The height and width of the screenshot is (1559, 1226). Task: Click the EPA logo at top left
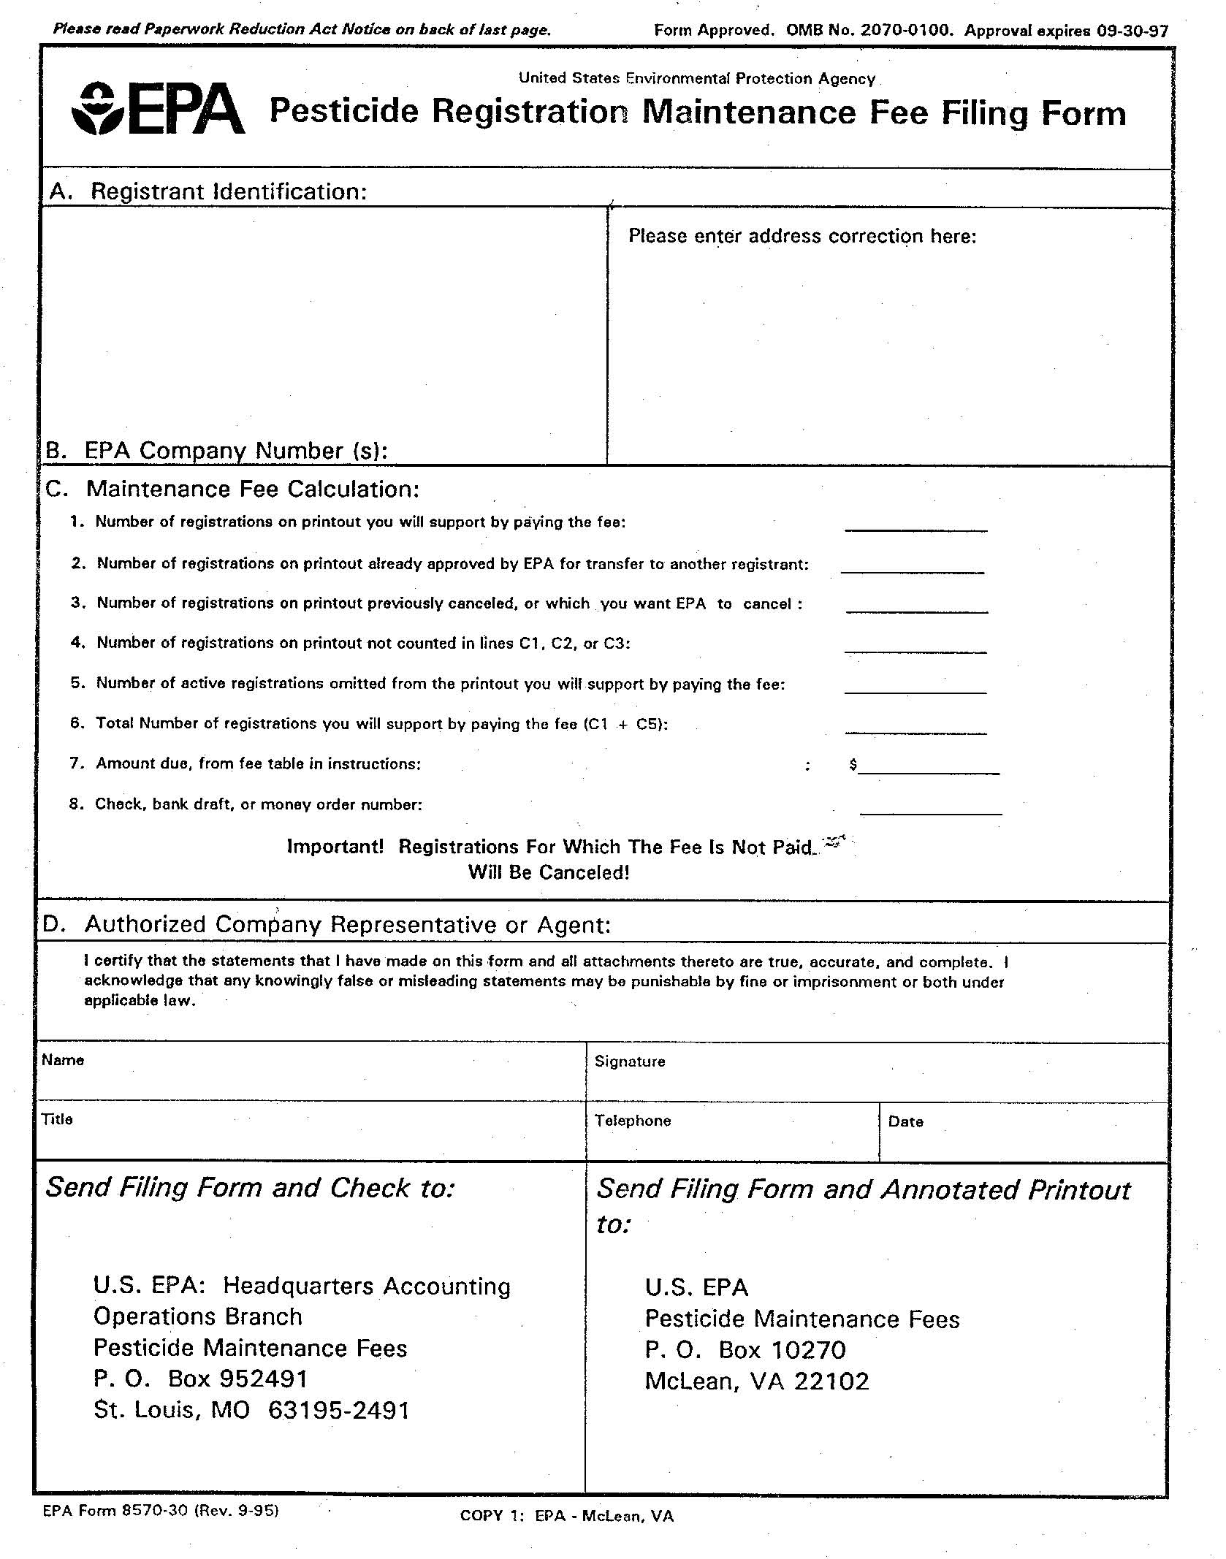tap(158, 110)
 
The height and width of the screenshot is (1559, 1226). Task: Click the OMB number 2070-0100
tap(907, 31)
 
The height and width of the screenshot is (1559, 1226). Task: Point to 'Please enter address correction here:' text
tap(802, 236)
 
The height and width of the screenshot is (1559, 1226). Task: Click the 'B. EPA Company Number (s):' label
tap(216, 450)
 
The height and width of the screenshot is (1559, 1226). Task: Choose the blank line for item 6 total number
tap(915, 727)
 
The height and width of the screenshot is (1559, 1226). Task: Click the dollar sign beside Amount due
tap(853, 764)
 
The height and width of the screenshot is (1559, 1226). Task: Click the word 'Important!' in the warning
tap(335, 847)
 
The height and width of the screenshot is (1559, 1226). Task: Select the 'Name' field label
tap(63, 1060)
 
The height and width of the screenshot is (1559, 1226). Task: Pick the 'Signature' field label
tap(630, 1061)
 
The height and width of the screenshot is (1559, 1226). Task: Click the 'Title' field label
tap(57, 1119)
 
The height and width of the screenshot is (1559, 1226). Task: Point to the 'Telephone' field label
tap(633, 1121)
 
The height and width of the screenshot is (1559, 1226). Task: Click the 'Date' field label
tap(906, 1121)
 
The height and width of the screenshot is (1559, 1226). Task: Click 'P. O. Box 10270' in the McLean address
tap(745, 1350)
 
